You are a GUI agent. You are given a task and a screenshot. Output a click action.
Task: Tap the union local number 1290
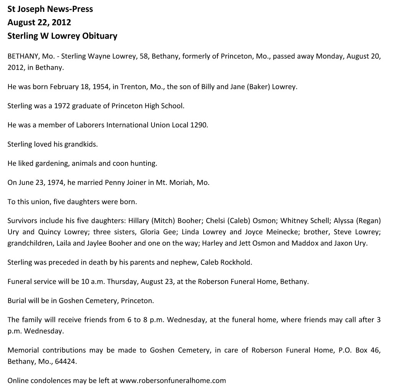tap(199, 125)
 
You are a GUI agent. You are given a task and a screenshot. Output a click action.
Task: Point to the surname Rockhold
tap(236, 262)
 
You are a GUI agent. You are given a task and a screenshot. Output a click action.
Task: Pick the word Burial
tap(17, 300)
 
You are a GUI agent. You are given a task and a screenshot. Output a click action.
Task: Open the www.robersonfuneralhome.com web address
tap(173, 380)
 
